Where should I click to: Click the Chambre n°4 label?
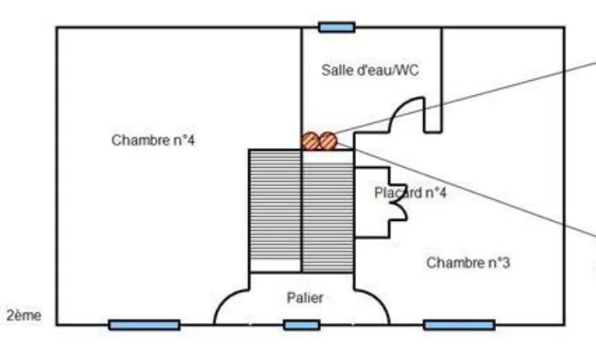153,140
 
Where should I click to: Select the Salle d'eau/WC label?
369,70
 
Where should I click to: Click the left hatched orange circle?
309,141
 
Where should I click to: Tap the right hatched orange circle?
327,141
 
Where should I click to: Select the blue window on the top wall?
336,27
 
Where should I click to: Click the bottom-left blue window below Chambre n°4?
144,325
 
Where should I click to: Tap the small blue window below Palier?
301,325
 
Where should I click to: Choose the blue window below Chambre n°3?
458,325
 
